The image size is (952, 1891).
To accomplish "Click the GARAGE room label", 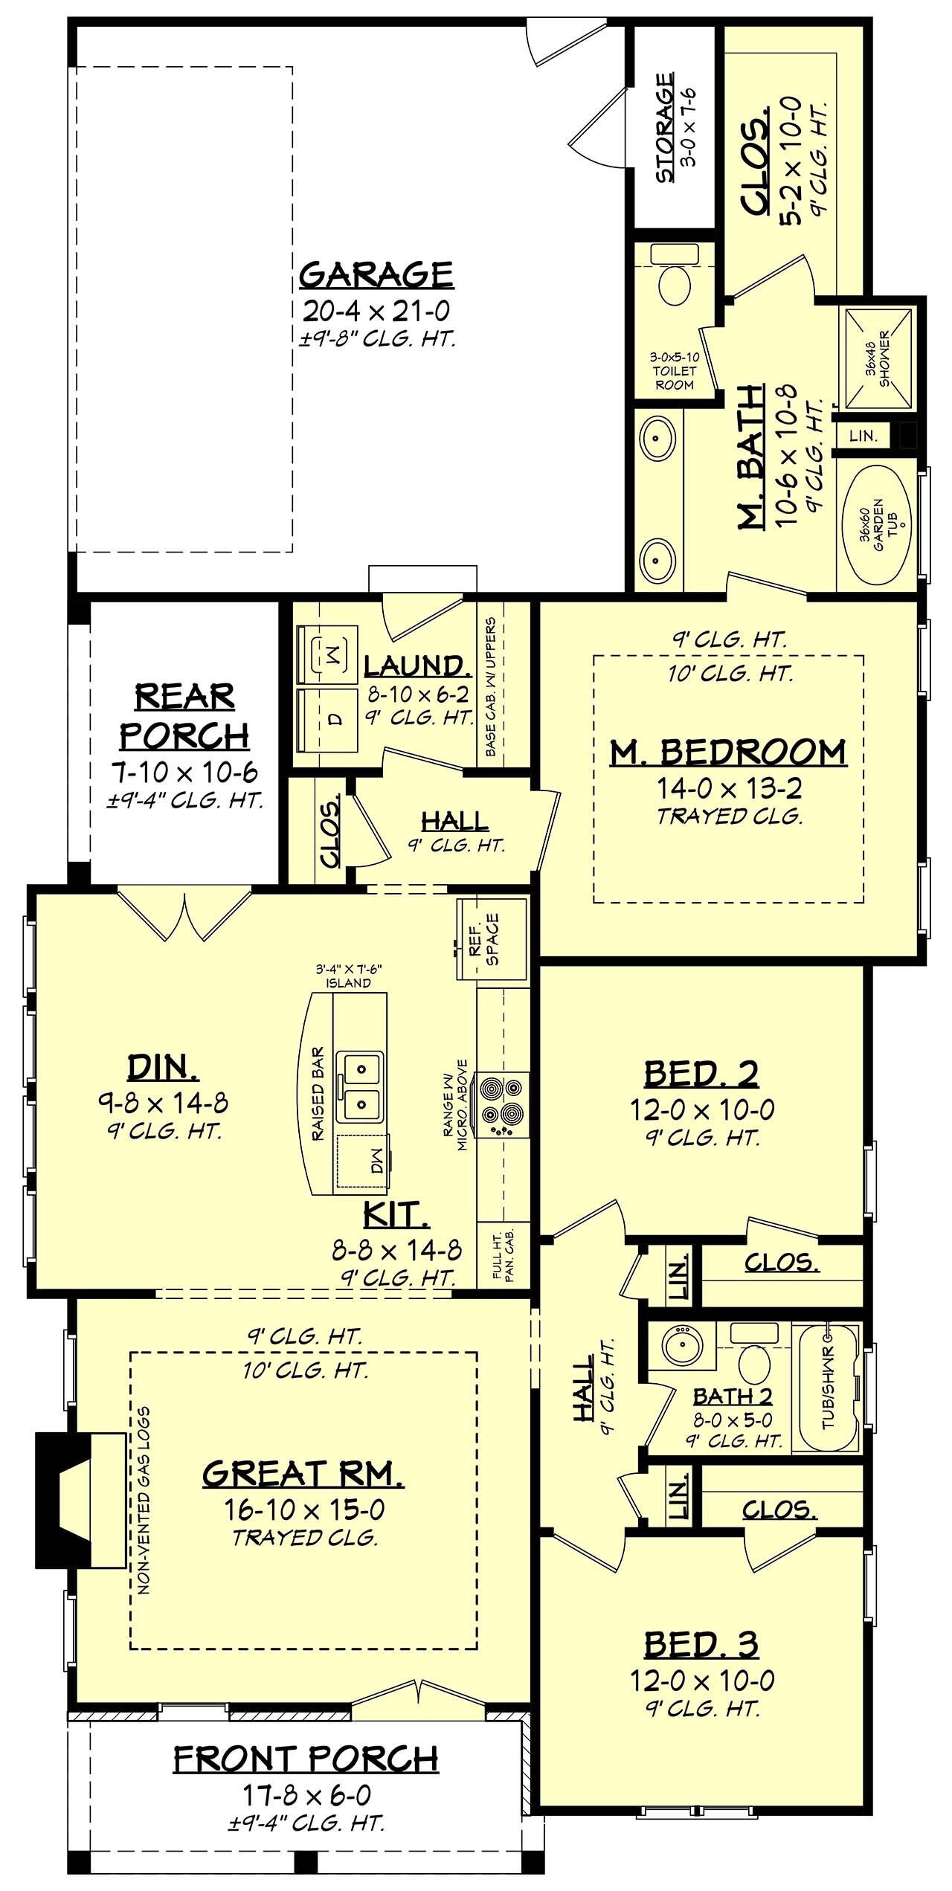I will coord(376,274).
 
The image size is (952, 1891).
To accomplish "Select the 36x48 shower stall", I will coord(875,358).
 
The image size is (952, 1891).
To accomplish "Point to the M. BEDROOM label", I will coord(728,753).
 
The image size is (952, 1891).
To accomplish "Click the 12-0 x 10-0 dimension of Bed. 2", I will coord(701,1110).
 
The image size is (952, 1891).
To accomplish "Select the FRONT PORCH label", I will coord(306,1759).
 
